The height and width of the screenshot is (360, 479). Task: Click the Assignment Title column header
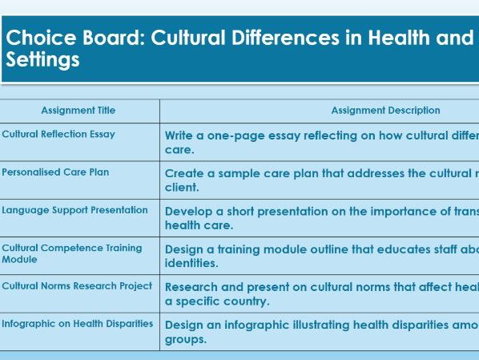[78, 111]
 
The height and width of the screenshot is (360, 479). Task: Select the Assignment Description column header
[385, 111]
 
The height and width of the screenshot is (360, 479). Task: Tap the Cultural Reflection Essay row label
[58, 134]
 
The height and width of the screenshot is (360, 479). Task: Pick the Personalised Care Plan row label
[55, 172]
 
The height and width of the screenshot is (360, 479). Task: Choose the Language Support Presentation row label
[74, 210]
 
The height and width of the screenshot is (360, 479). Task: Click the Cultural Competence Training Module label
[71, 253]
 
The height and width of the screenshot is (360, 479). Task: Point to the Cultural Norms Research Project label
[77, 286]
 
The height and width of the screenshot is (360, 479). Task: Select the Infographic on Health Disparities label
[77, 324]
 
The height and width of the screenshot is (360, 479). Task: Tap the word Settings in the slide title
[42, 61]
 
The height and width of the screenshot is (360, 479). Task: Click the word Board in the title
[103, 38]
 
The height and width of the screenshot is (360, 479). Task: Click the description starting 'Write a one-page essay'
[321, 142]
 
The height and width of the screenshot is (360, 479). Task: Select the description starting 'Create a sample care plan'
[321, 180]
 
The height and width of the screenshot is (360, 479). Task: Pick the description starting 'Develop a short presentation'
[321, 218]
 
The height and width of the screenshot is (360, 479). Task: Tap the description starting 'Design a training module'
[321, 256]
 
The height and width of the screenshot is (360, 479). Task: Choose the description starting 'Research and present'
[321, 293]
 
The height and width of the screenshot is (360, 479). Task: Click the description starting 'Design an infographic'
[321, 331]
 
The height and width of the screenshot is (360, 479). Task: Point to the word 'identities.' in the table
[191, 263]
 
